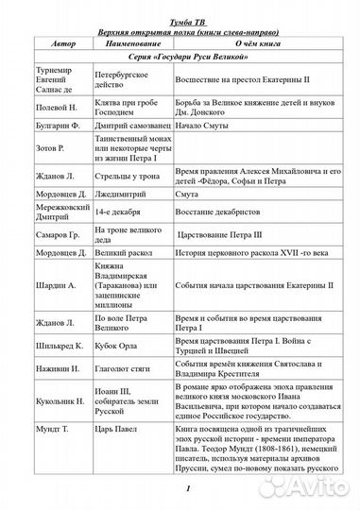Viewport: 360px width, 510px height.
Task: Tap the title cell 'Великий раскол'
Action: coord(124,280)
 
